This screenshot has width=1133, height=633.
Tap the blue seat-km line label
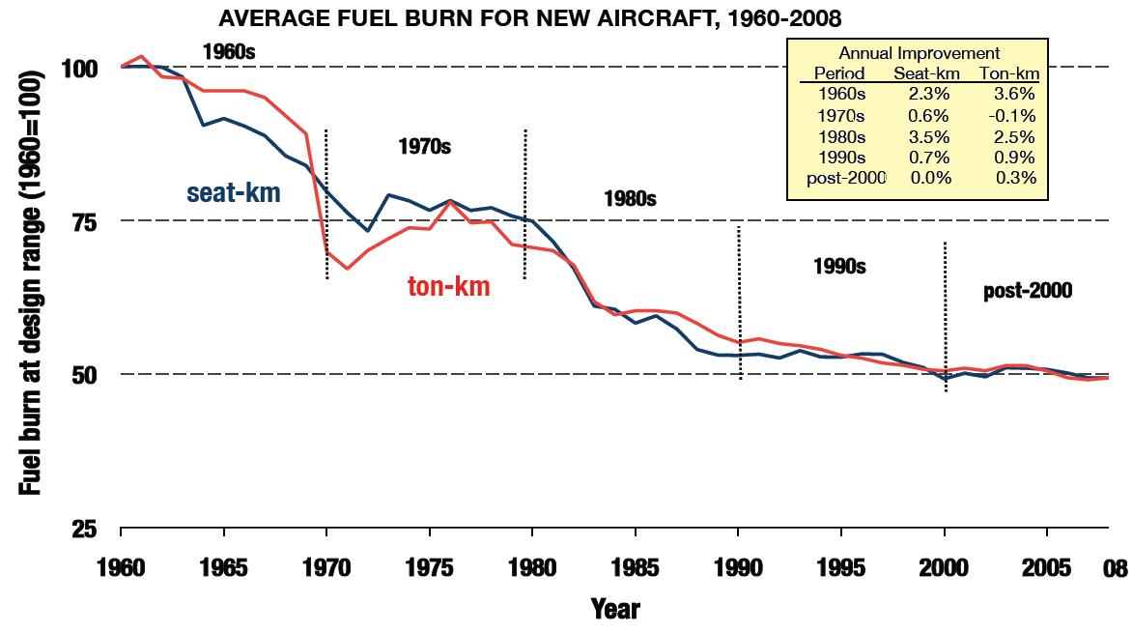click(x=234, y=193)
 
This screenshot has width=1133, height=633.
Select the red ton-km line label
click(x=448, y=286)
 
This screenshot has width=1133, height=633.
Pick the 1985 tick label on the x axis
click(x=636, y=568)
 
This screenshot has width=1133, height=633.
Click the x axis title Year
click(x=615, y=609)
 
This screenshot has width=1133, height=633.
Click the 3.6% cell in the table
click(x=1015, y=95)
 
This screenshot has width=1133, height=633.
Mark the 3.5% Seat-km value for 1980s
click(x=929, y=137)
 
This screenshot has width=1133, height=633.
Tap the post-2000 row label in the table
click(x=845, y=178)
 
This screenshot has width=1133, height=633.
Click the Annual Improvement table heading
click(x=919, y=54)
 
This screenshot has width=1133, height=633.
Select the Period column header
click(x=839, y=73)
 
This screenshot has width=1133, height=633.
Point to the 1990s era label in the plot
click(x=838, y=266)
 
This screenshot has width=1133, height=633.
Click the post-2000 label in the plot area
click(x=1028, y=291)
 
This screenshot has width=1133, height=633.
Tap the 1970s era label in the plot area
click(x=424, y=148)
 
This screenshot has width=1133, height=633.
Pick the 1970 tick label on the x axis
click(x=326, y=568)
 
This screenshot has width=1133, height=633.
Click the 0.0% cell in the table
click(x=929, y=178)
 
